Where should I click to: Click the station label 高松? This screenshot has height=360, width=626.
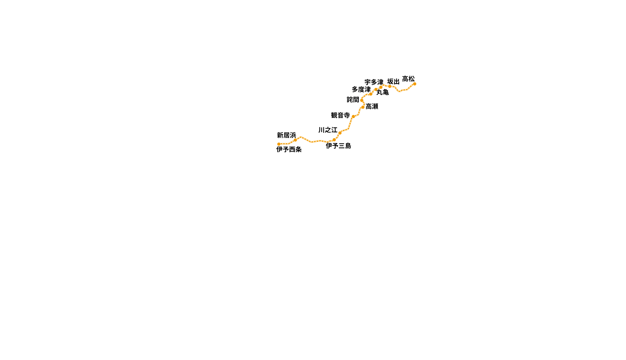[x=408, y=79]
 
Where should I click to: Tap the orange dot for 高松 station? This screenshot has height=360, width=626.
[x=415, y=84]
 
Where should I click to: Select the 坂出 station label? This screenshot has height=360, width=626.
[x=393, y=82]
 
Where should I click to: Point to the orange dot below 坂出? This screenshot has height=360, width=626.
[x=390, y=86]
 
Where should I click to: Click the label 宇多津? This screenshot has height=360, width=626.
[x=374, y=82]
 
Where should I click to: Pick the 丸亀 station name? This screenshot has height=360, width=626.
[x=383, y=92]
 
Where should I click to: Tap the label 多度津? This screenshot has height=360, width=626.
[x=361, y=89]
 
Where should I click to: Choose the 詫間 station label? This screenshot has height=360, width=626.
[x=353, y=100]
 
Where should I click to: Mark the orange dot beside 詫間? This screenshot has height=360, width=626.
[x=362, y=100]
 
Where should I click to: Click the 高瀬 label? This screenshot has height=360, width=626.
[x=372, y=107]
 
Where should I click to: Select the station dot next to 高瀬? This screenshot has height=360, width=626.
[x=363, y=107]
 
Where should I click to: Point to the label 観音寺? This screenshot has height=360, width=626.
[x=340, y=115]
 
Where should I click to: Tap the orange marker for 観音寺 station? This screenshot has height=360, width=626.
[x=353, y=116]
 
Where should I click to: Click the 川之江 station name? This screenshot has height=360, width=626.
[x=328, y=130]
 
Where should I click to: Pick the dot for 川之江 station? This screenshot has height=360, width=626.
[x=340, y=133]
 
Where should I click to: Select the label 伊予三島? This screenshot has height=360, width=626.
[x=338, y=146]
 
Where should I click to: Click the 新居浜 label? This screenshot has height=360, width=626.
[x=286, y=135]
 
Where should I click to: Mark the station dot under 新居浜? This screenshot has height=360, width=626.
[x=295, y=140]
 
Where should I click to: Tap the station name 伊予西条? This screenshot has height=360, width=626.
[x=289, y=149]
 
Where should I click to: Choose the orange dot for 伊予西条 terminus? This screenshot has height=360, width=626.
[x=279, y=144]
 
